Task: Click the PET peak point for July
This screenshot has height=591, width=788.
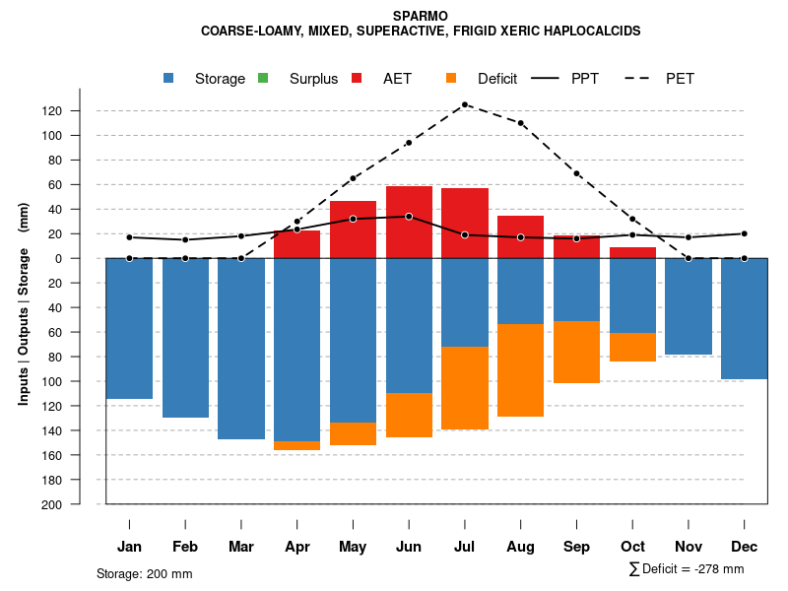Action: [464, 104]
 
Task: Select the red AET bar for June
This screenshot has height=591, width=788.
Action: [409, 222]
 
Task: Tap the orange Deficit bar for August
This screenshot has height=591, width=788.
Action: [520, 370]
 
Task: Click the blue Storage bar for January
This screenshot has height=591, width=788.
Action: [129, 328]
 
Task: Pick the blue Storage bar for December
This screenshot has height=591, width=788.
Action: [744, 318]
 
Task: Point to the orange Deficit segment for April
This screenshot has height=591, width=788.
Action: [296, 445]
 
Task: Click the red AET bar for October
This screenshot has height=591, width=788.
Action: [632, 253]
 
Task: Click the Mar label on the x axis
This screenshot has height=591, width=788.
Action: [241, 547]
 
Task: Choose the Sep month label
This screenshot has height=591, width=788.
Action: [576, 547]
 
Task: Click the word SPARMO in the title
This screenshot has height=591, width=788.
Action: [421, 17]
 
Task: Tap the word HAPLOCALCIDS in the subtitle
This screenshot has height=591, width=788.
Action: [590, 32]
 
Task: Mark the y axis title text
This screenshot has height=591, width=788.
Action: [24, 303]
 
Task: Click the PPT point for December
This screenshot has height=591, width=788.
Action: [744, 233]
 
